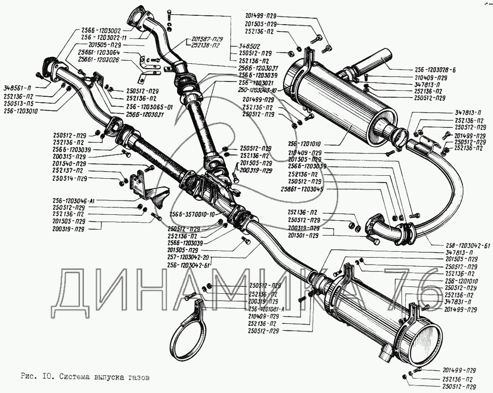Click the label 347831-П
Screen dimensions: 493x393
460,301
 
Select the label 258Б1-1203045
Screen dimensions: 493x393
302,189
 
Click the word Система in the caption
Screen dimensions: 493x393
76,377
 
